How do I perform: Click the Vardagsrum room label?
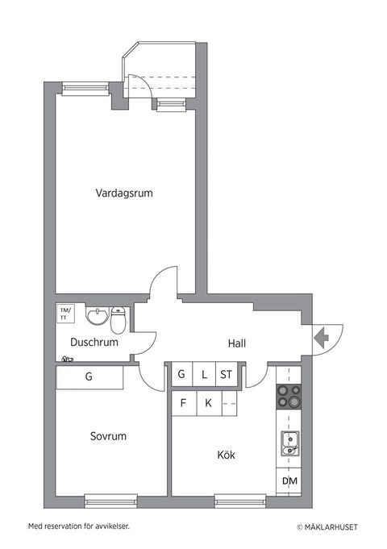click(124, 193)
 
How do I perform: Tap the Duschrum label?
click(94, 342)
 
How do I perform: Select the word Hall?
click(237, 343)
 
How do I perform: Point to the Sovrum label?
click(108, 436)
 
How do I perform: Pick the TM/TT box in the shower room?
click(64, 313)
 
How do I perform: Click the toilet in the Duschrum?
click(119, 320)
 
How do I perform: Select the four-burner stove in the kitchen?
click(289, 397)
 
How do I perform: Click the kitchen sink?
click(289, 442)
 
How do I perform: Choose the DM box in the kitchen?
click(289, 481)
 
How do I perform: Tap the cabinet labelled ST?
click(227, 374)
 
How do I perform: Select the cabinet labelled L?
click(205, 374)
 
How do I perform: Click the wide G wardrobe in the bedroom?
click(89, 376)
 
